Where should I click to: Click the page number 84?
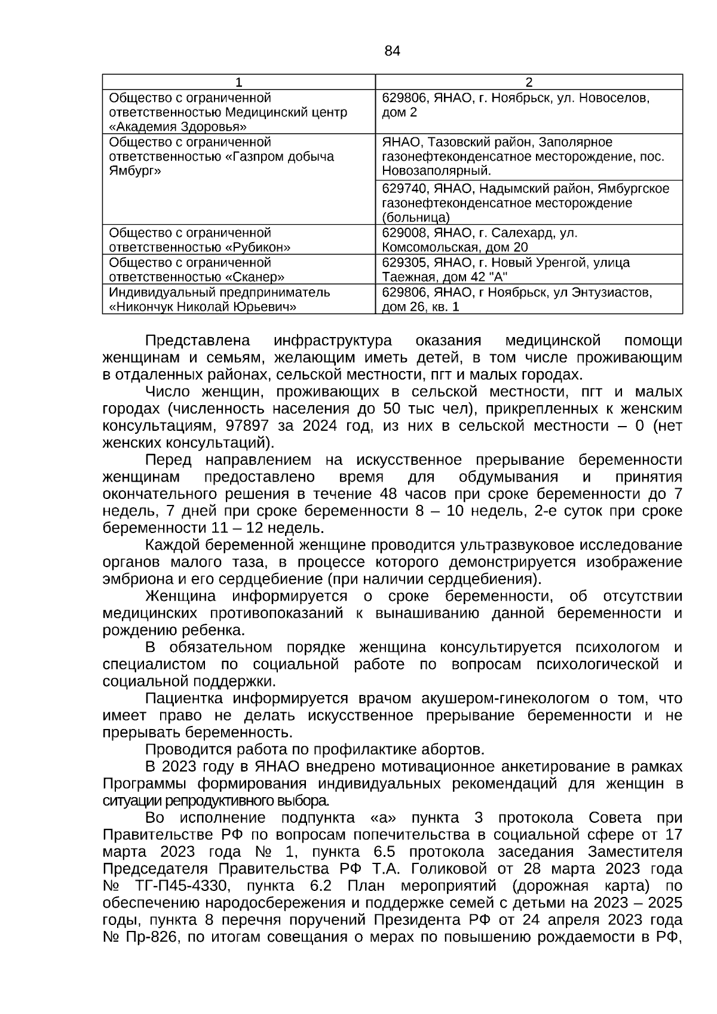pos(392,51)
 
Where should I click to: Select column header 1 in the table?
pos(238,82)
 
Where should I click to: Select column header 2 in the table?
pos(528,82)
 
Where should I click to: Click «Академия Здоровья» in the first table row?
pos(178,127)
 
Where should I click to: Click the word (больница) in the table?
pos(416,217)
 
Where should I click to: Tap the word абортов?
pos(455,749)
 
